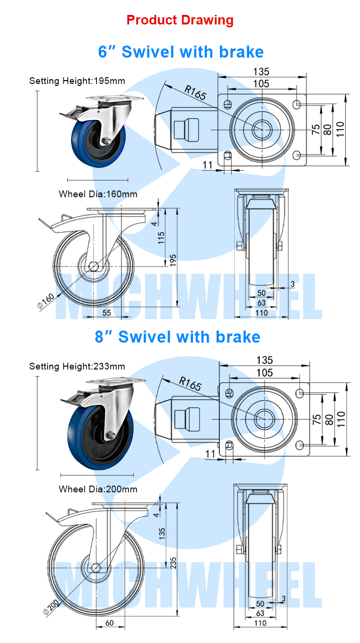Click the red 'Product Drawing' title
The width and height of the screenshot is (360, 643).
coord(180,20)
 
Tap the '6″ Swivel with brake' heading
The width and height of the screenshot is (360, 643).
coord(181,52)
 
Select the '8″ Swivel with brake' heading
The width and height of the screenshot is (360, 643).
coord(178,337)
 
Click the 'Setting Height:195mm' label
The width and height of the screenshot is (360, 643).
coord(77,81)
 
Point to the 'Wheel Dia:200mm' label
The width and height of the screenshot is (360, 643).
coord(98,489)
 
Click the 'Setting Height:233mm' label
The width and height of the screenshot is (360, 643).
coord(77,366)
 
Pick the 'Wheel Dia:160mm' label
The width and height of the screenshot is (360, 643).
coord(98,194)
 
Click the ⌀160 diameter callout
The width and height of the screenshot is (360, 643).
coord(46,301)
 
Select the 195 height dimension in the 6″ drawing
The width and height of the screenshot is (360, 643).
coord(173,261)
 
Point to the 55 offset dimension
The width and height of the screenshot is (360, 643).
coord(107,313)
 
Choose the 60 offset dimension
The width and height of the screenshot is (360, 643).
coord(109,623)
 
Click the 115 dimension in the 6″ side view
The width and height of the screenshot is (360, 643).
coord(161,238)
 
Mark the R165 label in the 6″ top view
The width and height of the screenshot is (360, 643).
coord(195,93)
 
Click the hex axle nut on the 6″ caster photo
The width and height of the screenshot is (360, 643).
coord(106,141)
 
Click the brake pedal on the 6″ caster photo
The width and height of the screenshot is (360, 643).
coord(71,113)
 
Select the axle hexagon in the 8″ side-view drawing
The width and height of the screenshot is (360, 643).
coord(96,568)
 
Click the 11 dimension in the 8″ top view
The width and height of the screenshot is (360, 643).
coord(210,454)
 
